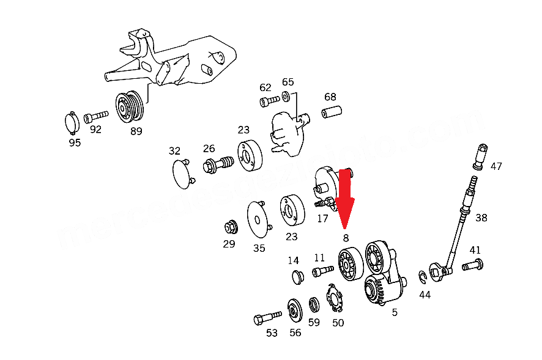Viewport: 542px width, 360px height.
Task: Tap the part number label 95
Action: (x=74, y=142)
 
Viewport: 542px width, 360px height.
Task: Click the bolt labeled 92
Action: (x=95, y=115)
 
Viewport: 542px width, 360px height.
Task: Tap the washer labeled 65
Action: (x=286, y=96)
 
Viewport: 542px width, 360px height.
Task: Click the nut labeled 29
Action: (x=230, y=227)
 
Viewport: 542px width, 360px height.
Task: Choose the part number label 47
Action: (x=496, y=166)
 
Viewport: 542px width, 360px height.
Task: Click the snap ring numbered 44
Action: (x=423, y=278)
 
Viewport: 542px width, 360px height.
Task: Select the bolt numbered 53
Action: (x=267, y=318)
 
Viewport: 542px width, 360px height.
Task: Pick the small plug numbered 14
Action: (x=297, y=277)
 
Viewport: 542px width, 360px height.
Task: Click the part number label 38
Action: (x=481, y=218)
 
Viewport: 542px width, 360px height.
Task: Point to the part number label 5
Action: (x=395, y=312)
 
